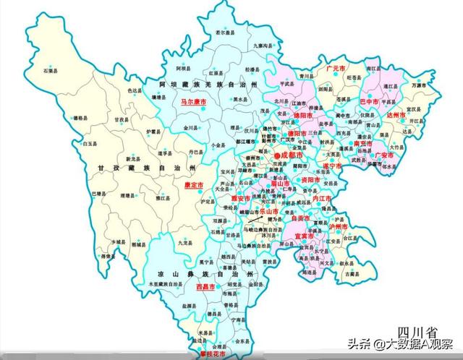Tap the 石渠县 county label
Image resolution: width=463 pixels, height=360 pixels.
point(49,71)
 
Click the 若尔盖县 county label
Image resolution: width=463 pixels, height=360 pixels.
point(226,33)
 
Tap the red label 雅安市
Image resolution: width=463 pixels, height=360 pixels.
point(240,197)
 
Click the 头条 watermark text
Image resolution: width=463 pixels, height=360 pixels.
point(359,344)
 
